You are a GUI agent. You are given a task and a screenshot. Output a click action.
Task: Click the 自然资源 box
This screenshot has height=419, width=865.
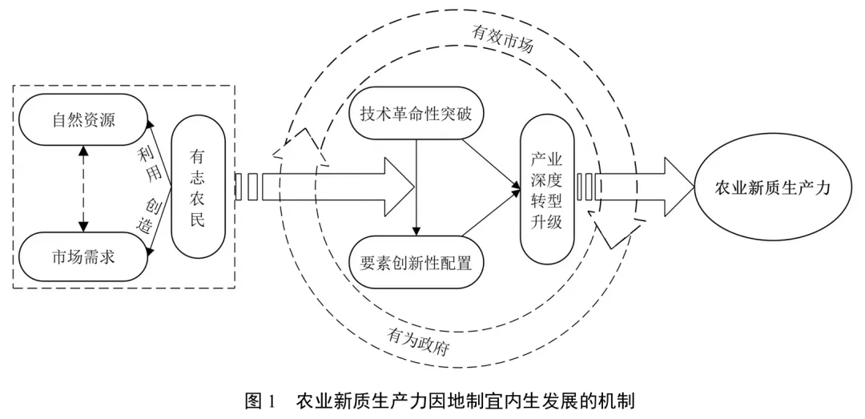tap(84, 120)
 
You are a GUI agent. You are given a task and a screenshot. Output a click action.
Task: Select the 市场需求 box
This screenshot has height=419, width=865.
tap(84, 256)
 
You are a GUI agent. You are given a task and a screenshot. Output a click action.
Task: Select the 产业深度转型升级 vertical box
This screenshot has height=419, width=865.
tap(547, 191)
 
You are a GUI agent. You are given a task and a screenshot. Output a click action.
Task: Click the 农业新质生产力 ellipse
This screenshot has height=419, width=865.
tap(772, 189)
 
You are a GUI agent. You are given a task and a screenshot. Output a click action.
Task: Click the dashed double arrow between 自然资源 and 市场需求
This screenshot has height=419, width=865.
tap(83, 189)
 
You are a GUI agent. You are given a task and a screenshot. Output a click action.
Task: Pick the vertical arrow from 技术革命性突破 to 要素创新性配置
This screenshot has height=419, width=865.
tap(417, 187)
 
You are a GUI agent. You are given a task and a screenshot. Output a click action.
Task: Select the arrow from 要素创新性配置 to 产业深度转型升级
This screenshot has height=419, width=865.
tap(491, 212)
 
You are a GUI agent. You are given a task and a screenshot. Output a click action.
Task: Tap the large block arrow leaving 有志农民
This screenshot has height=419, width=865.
tap(325, 187)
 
